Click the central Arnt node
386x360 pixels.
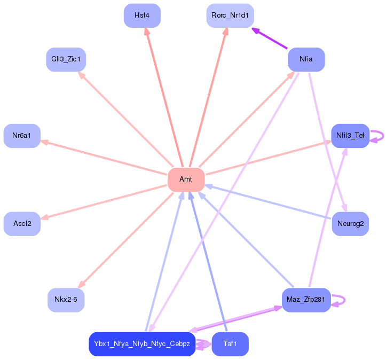(x=186, y=179)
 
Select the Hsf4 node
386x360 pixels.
(x=141, y=15)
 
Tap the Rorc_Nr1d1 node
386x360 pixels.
(x=230, y=15)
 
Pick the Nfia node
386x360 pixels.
(x=306, y=59)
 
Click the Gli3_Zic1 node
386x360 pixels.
(x=66, y=59)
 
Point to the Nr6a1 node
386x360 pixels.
(x=22, y=136)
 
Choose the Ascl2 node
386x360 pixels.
(x=22, y=223)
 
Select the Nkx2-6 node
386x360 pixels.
(x=66, y=300)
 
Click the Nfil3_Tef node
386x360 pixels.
(x=350, y=136)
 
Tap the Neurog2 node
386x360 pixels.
(x=350, y=223)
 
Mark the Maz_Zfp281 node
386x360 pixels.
(x=306, y=300)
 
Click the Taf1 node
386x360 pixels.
(x=230, y=344)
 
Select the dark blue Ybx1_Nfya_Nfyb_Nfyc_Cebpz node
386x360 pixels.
(x=141, y=344)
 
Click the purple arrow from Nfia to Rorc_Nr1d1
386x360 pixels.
(x=270, y=38)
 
